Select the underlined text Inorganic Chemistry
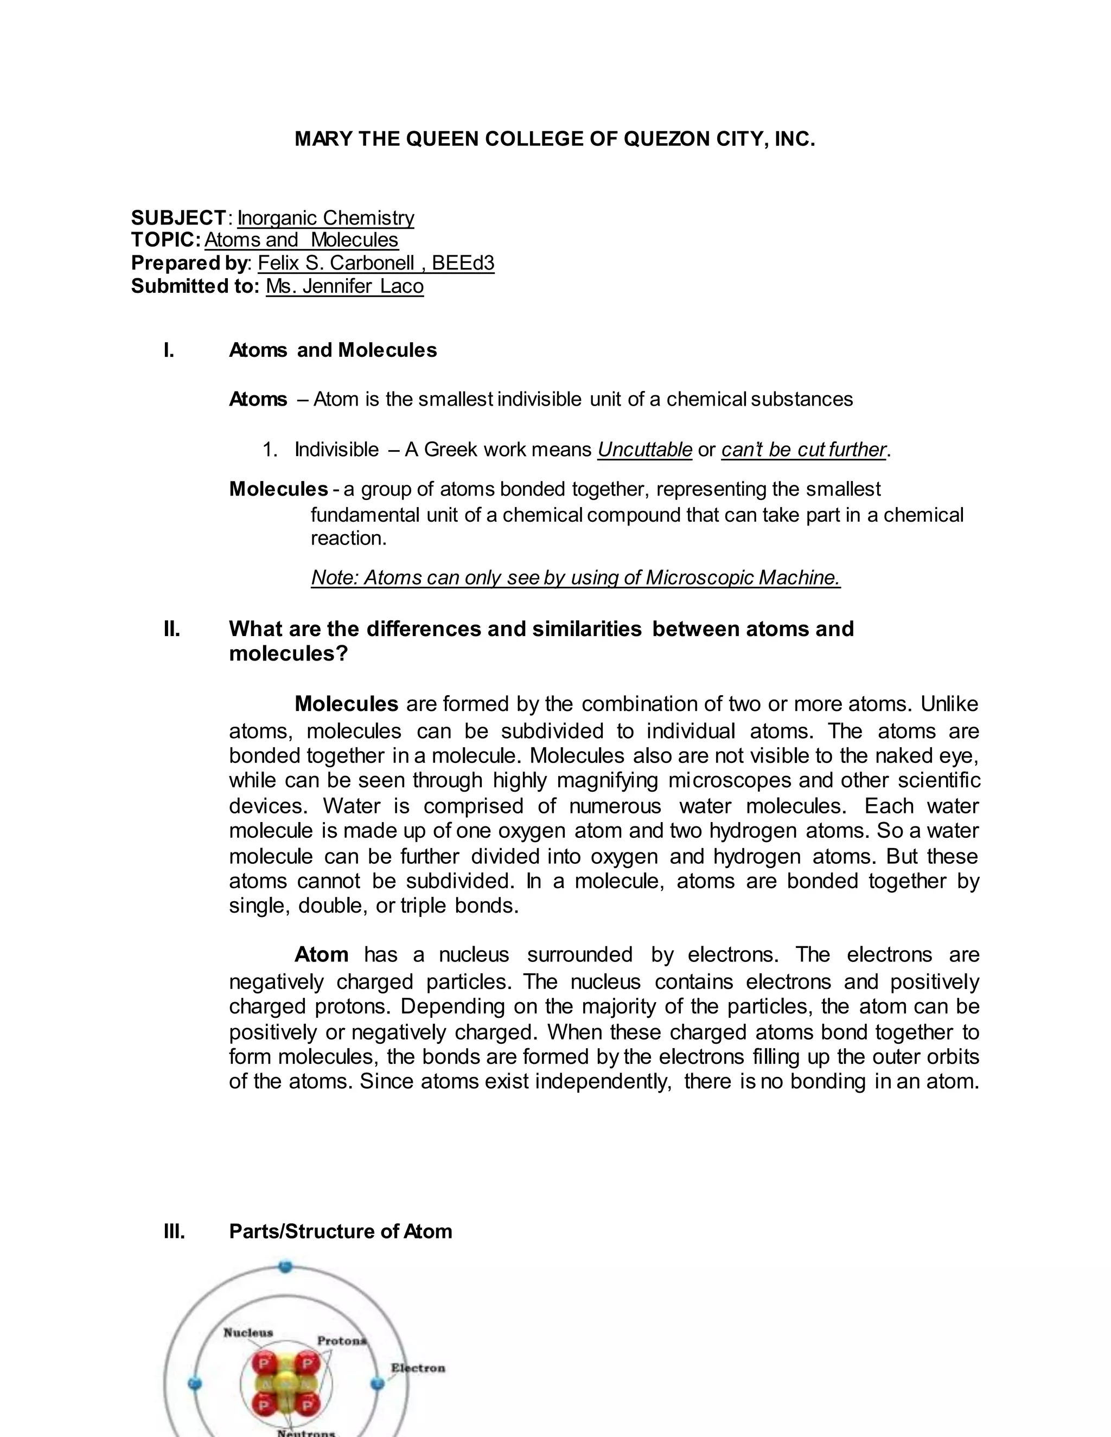[326, 218]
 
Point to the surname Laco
[401, 286]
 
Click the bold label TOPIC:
[166, 240]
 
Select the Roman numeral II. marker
[172, 629]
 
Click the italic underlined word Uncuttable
[644, 450]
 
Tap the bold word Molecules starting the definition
[278, 489]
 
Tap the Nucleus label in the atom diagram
[248, 1333]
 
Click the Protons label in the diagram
[342, 1341]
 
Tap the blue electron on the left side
[194, 1383]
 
